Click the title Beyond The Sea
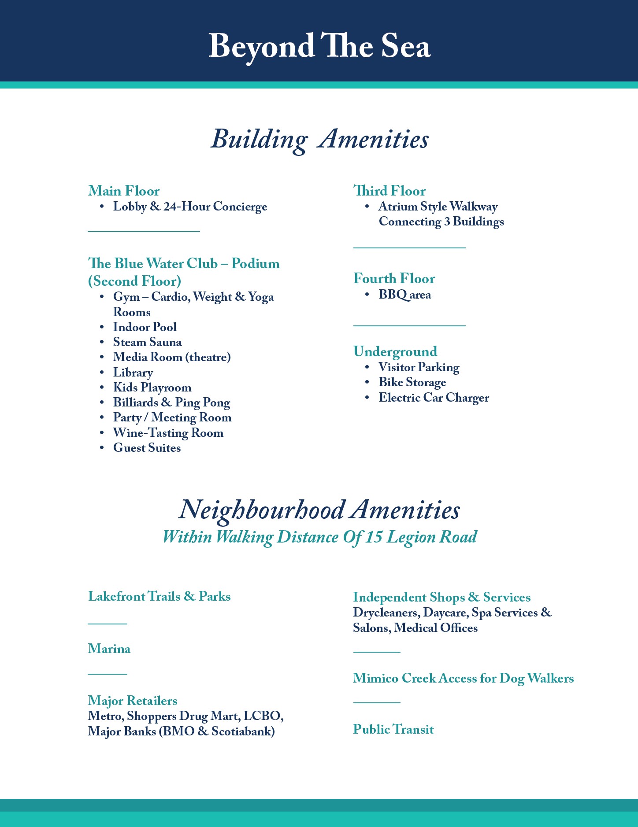[319, 46]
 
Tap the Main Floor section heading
[124, 191]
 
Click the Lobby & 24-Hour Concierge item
[190, 207]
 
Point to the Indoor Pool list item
[145, 327]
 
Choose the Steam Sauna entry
[147, 342]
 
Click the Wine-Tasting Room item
[168, 433]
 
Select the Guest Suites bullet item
[147, 448]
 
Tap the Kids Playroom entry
[152, 388]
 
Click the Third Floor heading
[389, 191]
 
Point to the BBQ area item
[404, 295]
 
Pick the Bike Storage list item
[412, 382]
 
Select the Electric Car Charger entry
[434, 398]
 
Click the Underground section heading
[395, 351]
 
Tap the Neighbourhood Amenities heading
[319, 510]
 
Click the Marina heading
[109, 649]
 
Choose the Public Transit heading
[393, 729]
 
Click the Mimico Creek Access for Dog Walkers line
[463, 678]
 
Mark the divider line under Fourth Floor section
[409, 326]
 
